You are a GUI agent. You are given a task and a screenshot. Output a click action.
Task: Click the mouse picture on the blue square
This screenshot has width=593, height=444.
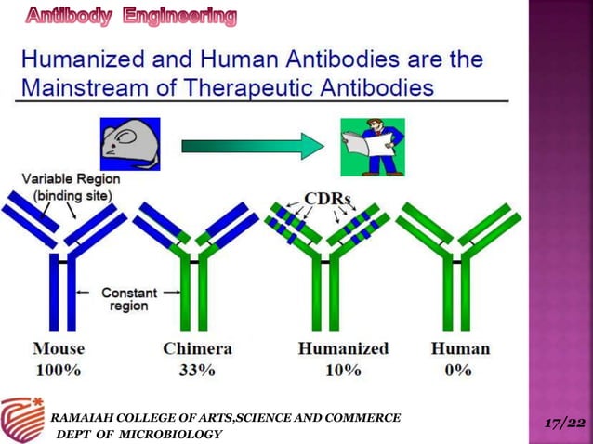click(x=130, y=144)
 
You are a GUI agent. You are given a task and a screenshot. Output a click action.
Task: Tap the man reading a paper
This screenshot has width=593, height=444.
click(x=372, y=147)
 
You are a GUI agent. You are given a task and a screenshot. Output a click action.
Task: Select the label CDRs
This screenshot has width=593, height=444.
click(x=327, y=199)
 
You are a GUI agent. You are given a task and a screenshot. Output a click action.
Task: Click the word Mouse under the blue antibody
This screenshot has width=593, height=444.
click(x=59, y=349)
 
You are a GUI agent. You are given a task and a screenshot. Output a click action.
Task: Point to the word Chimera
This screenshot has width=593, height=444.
click(x=197, y=349)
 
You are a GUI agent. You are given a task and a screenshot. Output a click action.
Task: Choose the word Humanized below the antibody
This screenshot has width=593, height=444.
click(x=344, y=349)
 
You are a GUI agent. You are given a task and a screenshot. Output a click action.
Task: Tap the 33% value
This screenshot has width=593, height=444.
click(x=197, y=370)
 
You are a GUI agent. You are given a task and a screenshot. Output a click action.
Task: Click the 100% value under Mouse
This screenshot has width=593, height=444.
click(x=59, y=370)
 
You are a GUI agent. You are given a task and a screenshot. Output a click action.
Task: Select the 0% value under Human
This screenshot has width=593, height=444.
click(x=459, y=370)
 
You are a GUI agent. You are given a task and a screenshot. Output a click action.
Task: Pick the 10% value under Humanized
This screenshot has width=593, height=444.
click(x=343, y=370)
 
